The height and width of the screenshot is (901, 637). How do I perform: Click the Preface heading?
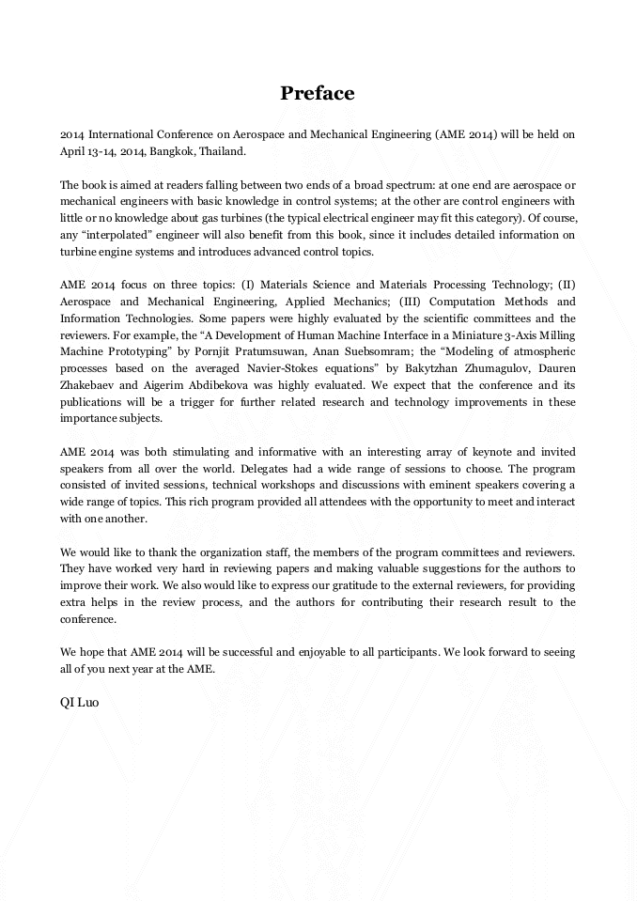point(318,93)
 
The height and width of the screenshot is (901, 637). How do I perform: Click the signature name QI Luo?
point(79,701)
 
